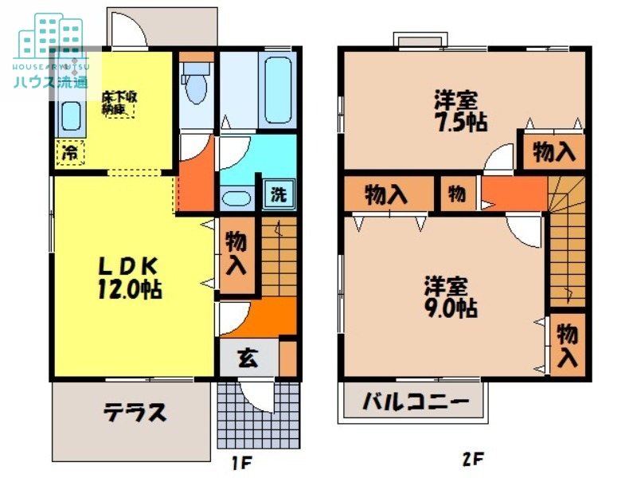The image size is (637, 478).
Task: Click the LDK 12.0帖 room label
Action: pos(130,277)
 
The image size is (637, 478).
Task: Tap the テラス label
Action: pos(135,412)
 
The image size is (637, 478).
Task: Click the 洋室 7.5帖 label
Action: pos(459,112)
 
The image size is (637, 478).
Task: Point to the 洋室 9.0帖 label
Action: pos(450,296)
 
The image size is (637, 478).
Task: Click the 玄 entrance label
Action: pos(248,358)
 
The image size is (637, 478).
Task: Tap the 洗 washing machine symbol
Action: pos(278,194)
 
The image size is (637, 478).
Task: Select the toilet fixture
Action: pos(195,87)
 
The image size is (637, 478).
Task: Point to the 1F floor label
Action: pos(241,460)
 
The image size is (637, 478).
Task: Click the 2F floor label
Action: pos(474,460)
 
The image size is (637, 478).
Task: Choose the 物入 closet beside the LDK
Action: pos(236,253)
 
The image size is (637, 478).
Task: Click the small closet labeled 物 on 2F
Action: pos(456,194)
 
